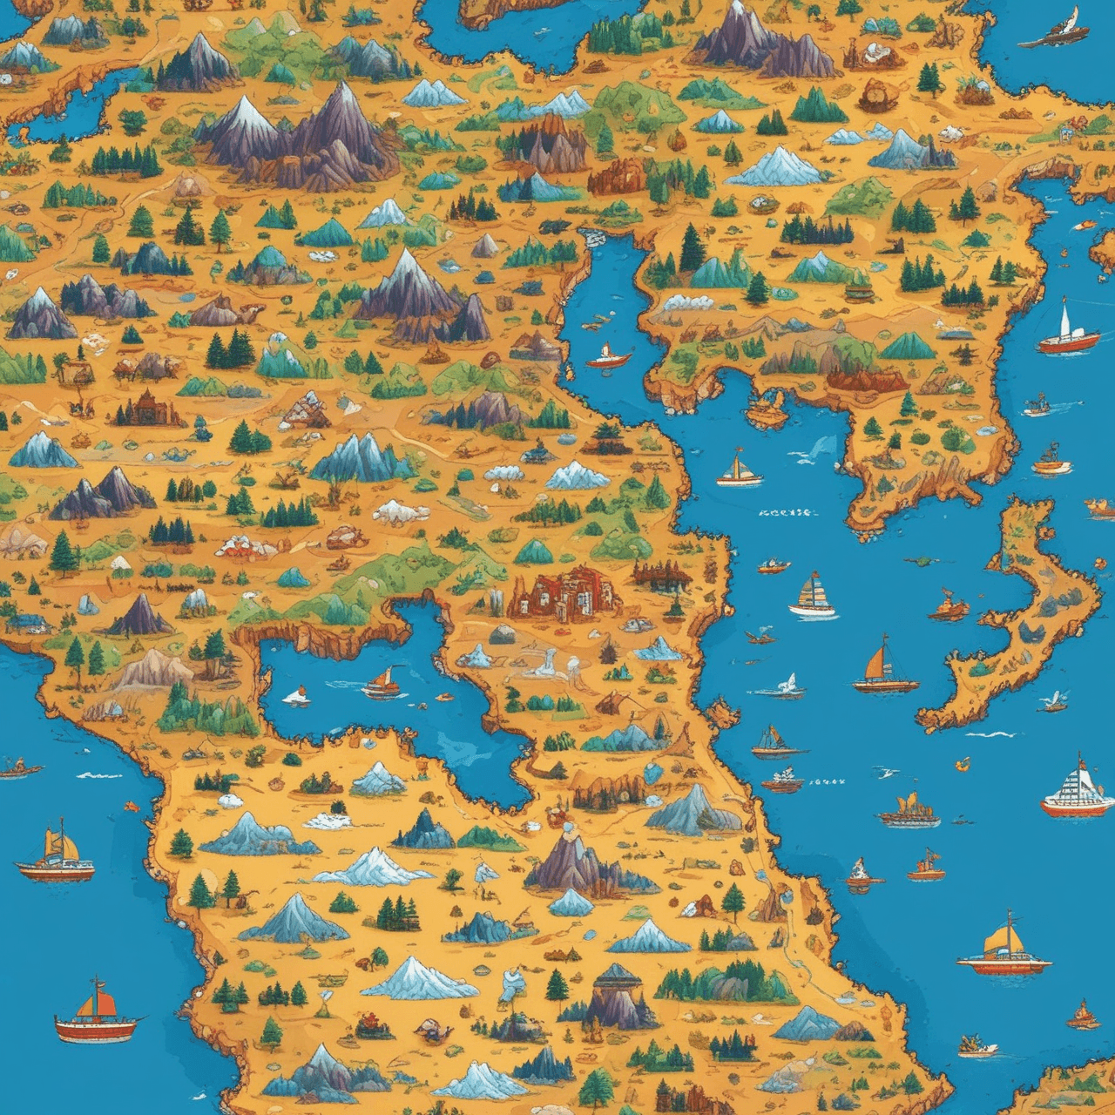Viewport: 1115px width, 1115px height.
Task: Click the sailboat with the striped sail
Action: pyautogui.click(x=813, y=597)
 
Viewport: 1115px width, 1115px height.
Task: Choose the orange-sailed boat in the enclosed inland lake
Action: pyautogui.click(x=382, y=682)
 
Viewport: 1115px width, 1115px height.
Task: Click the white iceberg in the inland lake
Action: pyautogui.click(x=297, y=695)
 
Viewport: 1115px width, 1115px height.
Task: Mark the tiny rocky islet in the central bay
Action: pyautogui.click(x=767, y=409)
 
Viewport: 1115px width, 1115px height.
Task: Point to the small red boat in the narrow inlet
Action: pyautogui.click(x=608, y=356)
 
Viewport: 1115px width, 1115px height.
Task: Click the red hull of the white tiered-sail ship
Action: pyautogui.click(x=1078, y=808)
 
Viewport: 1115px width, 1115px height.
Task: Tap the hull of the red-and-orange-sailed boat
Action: pyautogui.click(x=96, y=1029)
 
